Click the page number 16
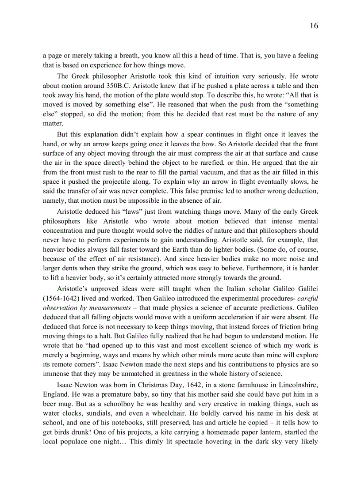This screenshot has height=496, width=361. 314,26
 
